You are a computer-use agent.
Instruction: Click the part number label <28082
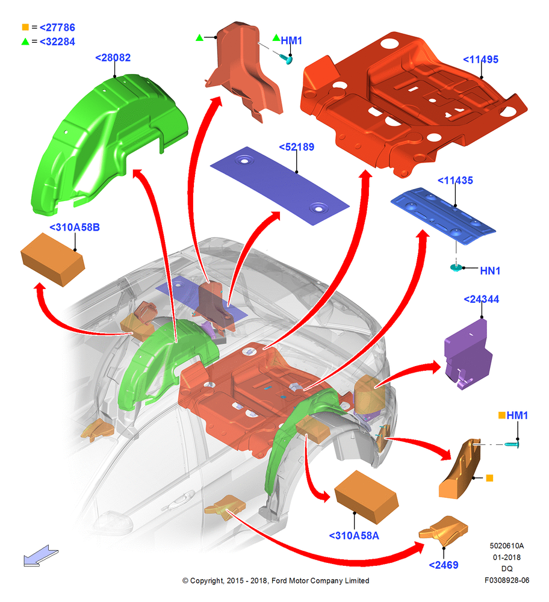click(x=113, y=58)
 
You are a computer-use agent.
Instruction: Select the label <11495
click(x=480, y=60)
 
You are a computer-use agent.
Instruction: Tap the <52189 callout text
click(x=296, y=147)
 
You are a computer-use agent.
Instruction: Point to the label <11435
click(x=455, y=181)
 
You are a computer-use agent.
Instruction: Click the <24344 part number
click(x=482, y=299)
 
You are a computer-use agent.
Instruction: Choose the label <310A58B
click(x=75, y=228)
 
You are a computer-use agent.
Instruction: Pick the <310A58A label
click(x=354, y=536)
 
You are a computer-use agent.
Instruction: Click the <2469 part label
click(x=444, y=565)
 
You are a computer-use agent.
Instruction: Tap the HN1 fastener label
click(x=490, y=271)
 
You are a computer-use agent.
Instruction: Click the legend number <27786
click(x=57, y=28)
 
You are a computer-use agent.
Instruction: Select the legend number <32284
click(x=57, y=42)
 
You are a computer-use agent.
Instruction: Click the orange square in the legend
click(x=25, y=27)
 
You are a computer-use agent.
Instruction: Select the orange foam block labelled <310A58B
click(x=52, y=259)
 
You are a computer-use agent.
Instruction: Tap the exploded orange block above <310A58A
click(x=367, y=497)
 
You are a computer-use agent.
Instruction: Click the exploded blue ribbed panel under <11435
click(x=443, y=216)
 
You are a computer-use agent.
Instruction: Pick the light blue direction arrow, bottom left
click(x=40, y=556)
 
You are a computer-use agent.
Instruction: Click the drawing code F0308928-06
click(x=507, y=580)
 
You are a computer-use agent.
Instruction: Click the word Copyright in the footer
click(x=206, y=581)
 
